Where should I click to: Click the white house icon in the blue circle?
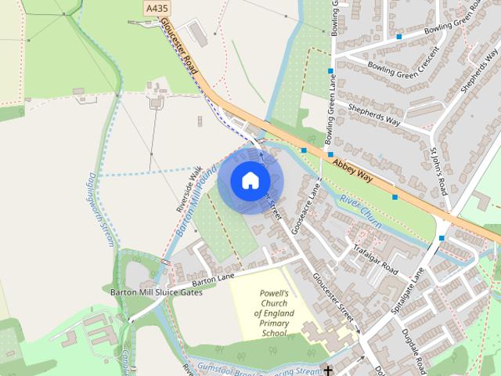[250, 180]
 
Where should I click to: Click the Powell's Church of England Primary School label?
[274, 313]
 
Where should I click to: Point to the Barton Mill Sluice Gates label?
[156, 292]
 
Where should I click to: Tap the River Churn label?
[360, 211]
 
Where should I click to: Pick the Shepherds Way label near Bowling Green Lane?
[374, 117]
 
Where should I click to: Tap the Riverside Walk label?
[189, 189]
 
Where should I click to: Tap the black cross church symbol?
[330, 370]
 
